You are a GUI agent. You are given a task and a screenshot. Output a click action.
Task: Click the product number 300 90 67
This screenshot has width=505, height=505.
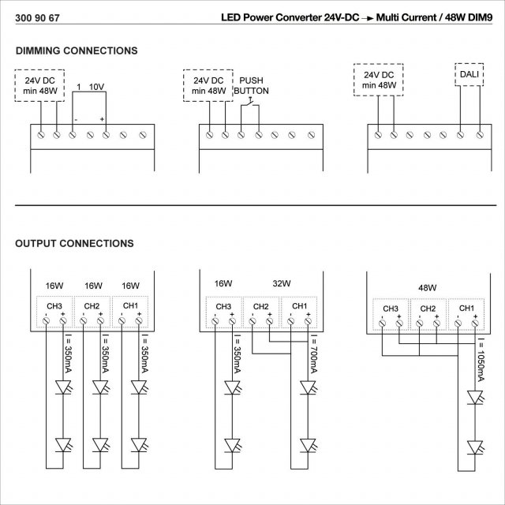pos(38,17)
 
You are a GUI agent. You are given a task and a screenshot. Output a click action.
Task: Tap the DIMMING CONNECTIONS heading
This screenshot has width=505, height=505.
pos(77,50)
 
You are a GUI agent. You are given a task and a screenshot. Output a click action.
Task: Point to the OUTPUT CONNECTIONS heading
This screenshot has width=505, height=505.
pos(75,244)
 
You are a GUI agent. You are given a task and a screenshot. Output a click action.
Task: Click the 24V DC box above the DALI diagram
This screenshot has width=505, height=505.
pos(380,80)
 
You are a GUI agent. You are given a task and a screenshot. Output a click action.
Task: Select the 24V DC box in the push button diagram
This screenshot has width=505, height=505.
pos(209,86)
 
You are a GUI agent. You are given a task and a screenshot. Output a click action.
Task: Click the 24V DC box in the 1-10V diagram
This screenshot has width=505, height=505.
pos(39,86)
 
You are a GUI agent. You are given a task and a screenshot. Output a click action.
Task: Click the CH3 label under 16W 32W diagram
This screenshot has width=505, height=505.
pos(223,306)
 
